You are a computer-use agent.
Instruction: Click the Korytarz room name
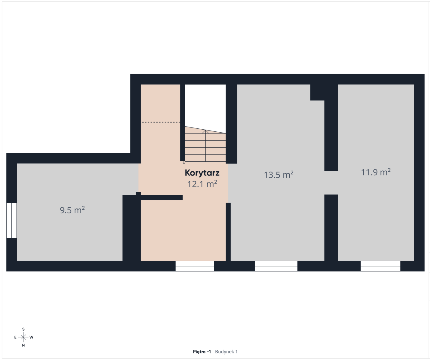(x=202, y=173)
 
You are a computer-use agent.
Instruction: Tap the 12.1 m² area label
(x=202, y=184)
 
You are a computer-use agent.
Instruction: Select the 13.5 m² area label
(x=279, y=175)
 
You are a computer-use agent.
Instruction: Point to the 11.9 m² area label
(x=376, y=172)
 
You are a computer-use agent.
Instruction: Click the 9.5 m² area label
(x=72, y=210)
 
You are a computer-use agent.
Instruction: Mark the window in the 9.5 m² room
(x=11, y=220)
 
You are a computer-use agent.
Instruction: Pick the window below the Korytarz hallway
(x=195, y=266)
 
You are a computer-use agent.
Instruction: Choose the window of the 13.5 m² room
(x=276, y=266)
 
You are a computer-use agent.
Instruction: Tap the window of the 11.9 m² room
(x=380, y=266)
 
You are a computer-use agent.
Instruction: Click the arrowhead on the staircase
(x=205, y=131)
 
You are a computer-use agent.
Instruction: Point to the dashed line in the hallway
(x=161, y=122)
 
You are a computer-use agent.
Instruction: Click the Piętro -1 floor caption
(x=202, y=352)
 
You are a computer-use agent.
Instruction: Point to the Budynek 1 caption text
(x=226, y=352)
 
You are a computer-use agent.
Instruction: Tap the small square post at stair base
(x=184, y=162)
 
